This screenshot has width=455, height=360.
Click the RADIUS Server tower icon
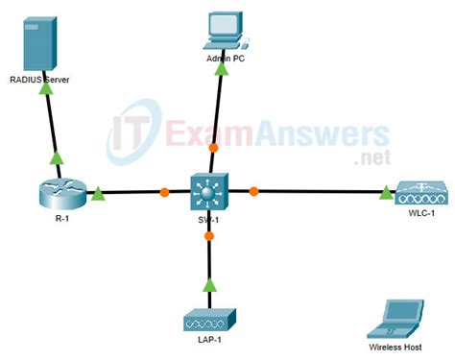pyautogui.click(x=39, y=39)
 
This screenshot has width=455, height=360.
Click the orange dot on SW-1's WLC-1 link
pyautogui.click(x=253, y=192)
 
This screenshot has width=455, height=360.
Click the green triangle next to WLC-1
pyautogui.click(x=386, y=193)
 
